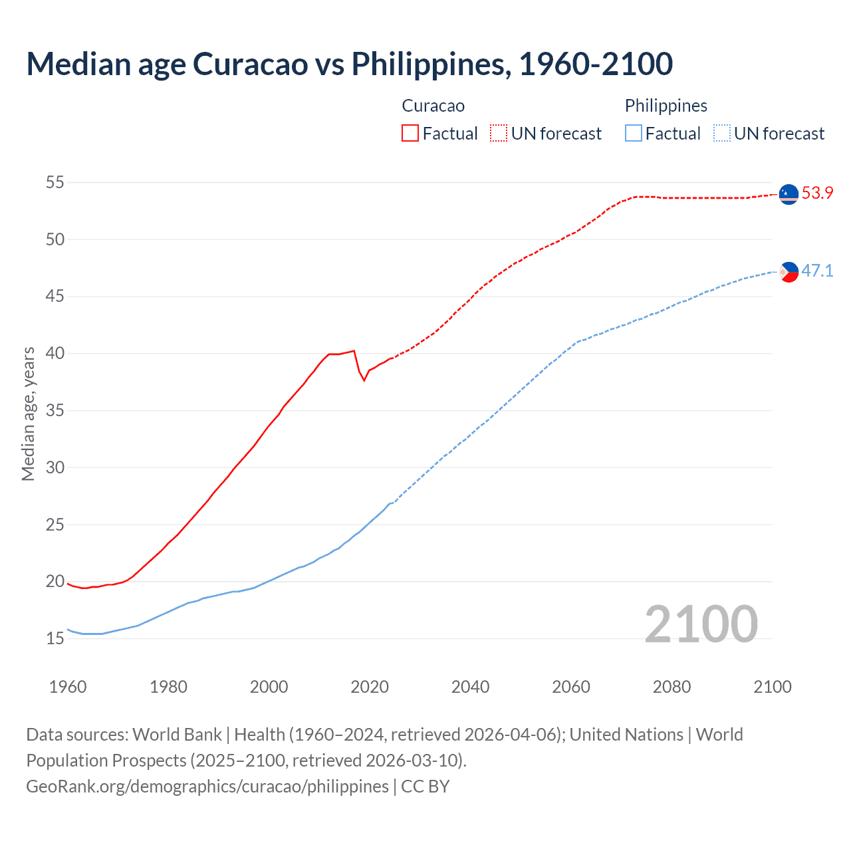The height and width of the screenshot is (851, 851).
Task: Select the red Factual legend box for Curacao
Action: (410, 134)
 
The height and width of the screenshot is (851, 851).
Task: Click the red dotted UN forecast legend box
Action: (499, 134)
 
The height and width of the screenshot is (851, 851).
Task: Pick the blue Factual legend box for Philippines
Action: (634, 134)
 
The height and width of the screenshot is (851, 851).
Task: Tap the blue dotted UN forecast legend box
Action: (722, 134)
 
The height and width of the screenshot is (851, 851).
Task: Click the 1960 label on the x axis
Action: (68, 687)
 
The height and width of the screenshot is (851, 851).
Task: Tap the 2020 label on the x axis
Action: (370, 687)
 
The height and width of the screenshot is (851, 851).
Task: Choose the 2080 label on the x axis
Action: (671, 687)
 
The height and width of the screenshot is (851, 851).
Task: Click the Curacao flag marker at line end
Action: (789, 194)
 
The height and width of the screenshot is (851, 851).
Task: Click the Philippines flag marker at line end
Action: (789, 271)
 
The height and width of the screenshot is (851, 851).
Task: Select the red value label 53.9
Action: (817, 193)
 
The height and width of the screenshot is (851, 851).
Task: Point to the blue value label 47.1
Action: (817, 271)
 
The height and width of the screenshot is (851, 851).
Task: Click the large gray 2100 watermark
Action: (701, 624)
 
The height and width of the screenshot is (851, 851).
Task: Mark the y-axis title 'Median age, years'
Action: (28, 414)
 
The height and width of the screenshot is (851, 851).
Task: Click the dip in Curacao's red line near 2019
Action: (364, 380)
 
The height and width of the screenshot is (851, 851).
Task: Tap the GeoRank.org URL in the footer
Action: (207, 787)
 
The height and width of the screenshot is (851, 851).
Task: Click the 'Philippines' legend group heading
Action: (666, 106)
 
